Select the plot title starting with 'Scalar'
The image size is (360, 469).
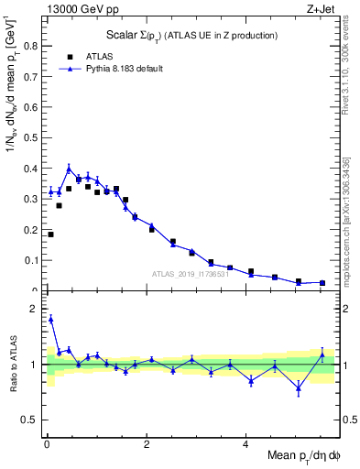[x=191, y=36]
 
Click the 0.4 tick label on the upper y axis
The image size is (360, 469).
[x=33, y=169]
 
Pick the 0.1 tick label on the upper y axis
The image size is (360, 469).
[x=33, y=260]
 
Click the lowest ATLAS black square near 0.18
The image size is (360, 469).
[x=50, y=234]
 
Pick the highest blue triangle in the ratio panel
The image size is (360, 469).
[x=50, y=319]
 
